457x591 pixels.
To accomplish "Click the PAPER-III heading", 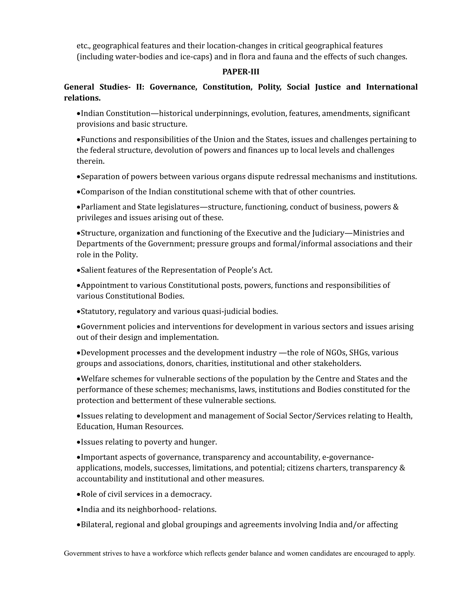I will click(x=241, y=72).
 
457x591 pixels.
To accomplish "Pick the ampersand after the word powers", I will click(x=396, y=207).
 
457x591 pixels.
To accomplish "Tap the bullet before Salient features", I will click(x=79, y=270).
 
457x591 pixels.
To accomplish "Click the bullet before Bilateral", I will click(x=79, y=525).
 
